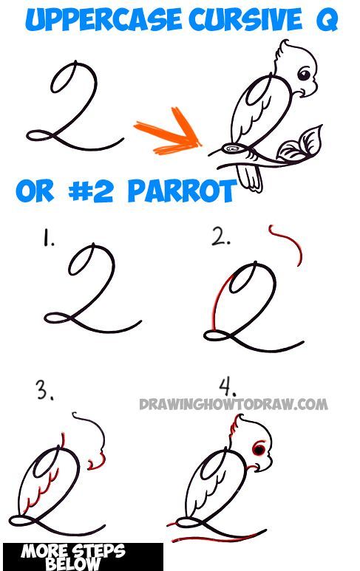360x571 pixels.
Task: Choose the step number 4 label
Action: (x=228, y=387)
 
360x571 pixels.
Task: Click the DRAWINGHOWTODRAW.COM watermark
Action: (x=233, y=404)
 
